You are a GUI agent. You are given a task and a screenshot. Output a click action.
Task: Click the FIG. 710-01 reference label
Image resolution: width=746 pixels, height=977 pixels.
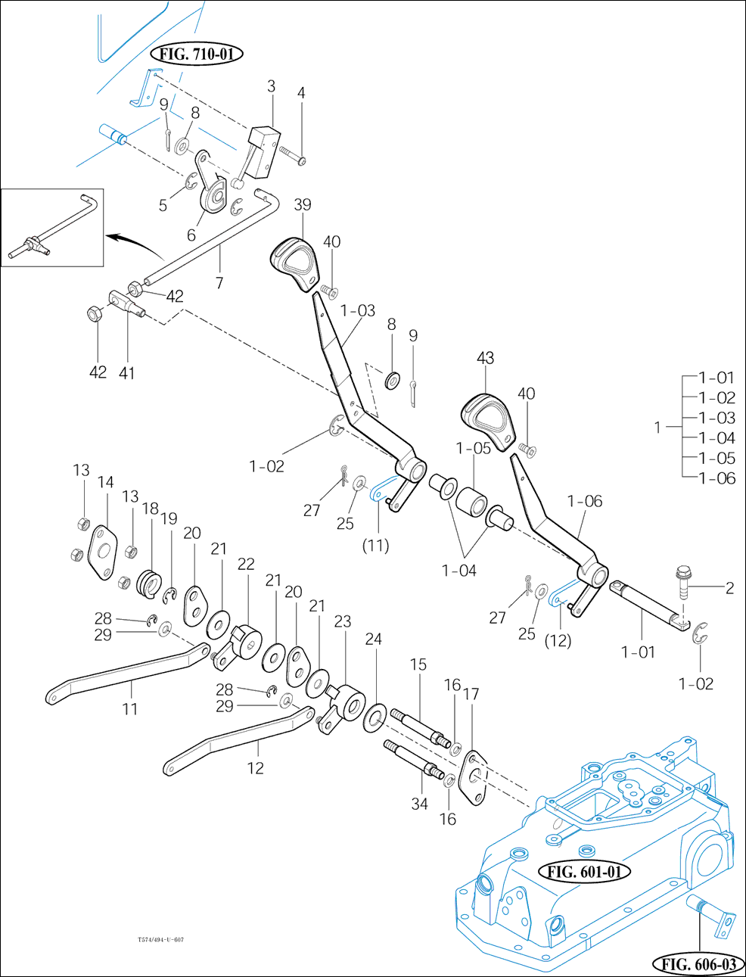tap(197, 54)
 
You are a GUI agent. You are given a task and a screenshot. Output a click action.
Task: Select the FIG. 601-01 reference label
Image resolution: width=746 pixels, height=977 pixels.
tap(584, 872)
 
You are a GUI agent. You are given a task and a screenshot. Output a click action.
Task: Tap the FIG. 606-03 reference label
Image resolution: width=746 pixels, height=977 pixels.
tap(698, 964)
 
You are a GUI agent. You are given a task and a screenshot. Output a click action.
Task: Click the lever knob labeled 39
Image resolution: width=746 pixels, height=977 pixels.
tap(294, 263)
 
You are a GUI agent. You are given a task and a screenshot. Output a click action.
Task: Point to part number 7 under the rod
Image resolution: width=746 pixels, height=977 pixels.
tap(219, 283)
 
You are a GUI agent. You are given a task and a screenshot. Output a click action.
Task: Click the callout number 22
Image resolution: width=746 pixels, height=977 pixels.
tap(246, 564)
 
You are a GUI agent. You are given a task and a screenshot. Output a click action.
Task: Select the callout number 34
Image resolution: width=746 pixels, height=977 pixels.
tap(419, 804)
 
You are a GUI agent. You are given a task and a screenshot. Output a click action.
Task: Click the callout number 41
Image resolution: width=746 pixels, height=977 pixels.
tap(126, 372)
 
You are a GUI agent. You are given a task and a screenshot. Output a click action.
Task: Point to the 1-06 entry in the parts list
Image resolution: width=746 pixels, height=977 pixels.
tap(716, 478)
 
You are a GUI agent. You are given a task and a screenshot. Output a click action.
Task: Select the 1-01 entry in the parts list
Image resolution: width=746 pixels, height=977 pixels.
tap(716, 378)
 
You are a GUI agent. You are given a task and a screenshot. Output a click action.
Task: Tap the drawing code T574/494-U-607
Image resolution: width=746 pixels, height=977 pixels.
tap(160, 940)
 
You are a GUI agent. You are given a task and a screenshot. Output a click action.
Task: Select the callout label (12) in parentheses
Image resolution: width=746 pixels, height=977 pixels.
tap(558, 640)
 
